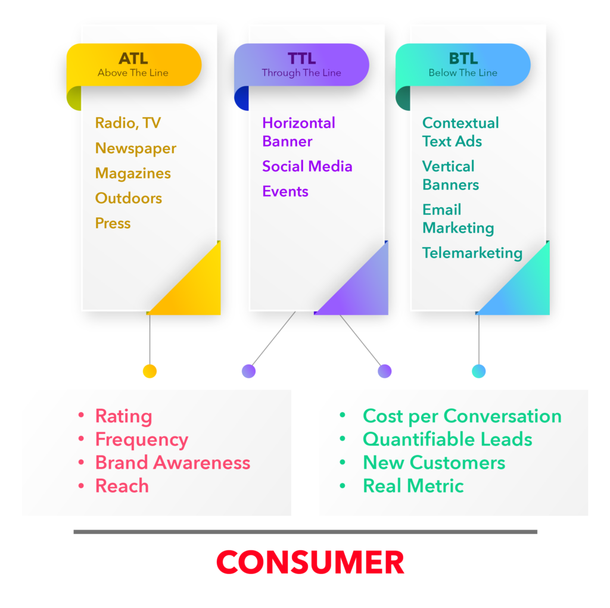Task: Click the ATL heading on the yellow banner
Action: coord(133,58)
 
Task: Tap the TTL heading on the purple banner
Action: coord(301,58)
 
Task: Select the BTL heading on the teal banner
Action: coord(463,58)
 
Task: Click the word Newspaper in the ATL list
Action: coord(136,148)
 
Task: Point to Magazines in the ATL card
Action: coord(133,173)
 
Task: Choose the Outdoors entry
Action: coord(129,198)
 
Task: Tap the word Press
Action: coord(113,223)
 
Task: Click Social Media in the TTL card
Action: coord(307,166)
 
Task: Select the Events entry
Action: coord(285,191)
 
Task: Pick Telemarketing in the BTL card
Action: coord(472,253)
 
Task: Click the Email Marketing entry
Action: coord(458,219)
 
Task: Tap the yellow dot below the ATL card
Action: coord(150,371)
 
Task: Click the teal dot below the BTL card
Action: coord(479,371)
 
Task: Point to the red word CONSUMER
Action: coord(310,563)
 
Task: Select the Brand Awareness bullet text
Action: coord(173,463)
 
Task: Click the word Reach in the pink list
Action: coord(122,486)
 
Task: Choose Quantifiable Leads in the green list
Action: coord(447,439)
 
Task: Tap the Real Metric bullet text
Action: coord(413,486)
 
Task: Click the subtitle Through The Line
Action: coord(301,73)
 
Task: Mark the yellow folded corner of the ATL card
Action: coord(194,289)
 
